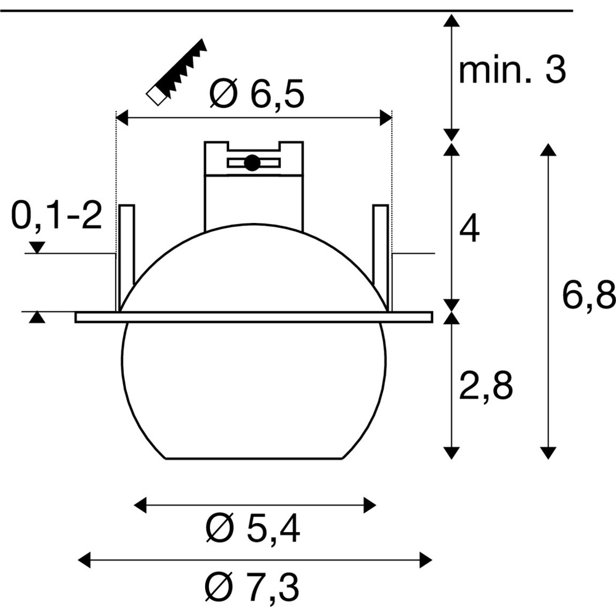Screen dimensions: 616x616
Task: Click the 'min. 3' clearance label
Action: point(513,71)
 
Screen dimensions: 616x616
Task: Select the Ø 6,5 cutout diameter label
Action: point(257,94)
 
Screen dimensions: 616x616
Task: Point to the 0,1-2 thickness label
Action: point(57,216)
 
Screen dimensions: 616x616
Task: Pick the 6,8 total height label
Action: point(589,296)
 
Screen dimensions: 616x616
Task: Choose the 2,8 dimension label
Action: point(485,387)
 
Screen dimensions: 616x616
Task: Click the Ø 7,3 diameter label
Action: point(252,586)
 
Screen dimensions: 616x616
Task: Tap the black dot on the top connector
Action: point(252,163)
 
